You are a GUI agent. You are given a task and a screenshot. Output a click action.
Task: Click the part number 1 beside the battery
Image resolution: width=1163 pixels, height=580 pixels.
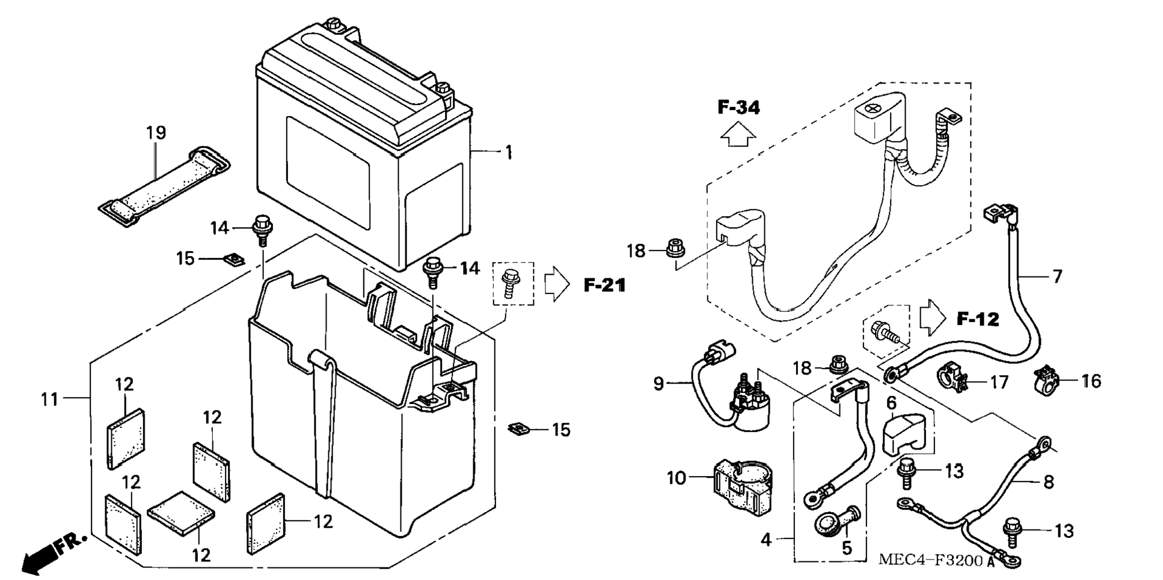click(x=509, y=153)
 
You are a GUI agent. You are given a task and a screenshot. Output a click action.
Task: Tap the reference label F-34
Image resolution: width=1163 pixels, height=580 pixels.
click(x=738, y=108)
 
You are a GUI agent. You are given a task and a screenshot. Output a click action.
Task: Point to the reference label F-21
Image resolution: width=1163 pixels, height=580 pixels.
click(x=604, y=285)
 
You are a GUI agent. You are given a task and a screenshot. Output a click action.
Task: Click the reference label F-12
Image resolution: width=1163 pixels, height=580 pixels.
click(x=978, y=319)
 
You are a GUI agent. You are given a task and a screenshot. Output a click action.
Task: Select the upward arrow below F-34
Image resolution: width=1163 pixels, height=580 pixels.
click(x=738, y=135)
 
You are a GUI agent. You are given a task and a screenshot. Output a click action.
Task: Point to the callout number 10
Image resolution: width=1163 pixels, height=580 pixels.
click(x=676, y=478)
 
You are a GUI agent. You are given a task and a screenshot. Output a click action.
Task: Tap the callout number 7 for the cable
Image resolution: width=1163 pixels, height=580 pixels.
click(x=1057, y=276)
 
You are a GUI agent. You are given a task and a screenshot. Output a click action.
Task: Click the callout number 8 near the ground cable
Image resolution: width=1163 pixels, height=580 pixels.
click(x=1048, y=481)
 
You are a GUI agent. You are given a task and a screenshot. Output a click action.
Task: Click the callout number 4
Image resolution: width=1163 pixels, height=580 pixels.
click(x=766, y=540)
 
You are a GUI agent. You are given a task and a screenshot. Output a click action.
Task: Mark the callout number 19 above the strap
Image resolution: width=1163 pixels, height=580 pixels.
click(x=156, y=132)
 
